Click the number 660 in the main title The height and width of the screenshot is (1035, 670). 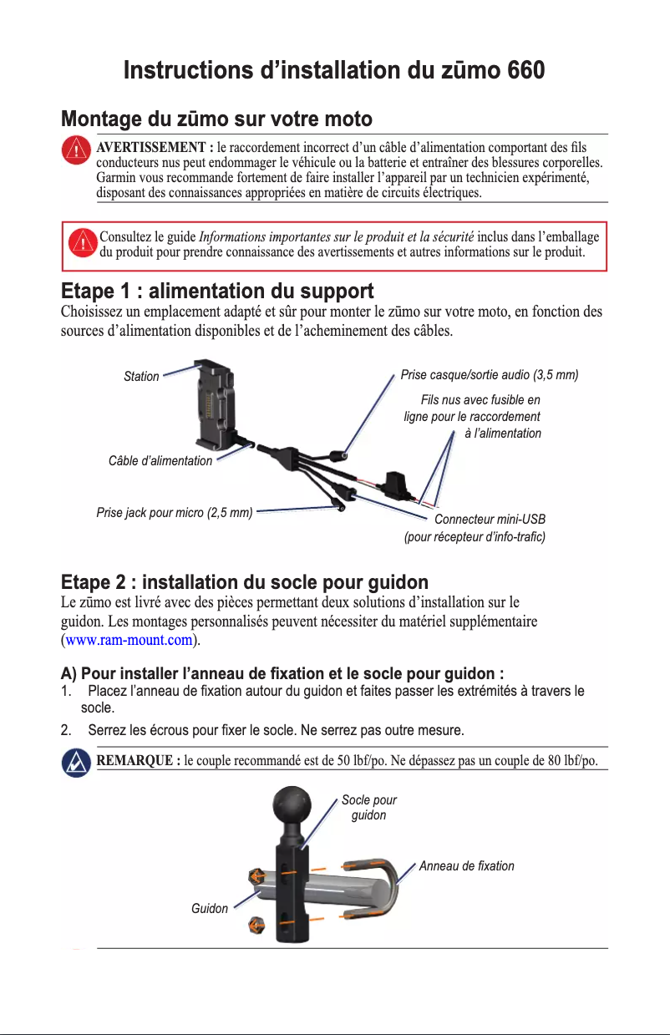519,69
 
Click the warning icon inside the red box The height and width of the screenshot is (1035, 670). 81,242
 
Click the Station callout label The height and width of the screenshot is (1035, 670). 141,377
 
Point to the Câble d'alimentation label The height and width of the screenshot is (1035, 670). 160,461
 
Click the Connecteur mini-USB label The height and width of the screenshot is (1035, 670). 490,520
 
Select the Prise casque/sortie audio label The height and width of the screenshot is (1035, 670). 490,375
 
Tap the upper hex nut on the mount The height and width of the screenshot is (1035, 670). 257,878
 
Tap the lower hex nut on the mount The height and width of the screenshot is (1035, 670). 258,926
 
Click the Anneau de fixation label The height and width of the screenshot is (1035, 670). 466,866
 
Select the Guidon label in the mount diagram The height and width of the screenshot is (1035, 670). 210,908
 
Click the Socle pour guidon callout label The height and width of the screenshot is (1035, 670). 369,808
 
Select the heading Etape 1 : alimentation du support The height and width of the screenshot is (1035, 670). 217,292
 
